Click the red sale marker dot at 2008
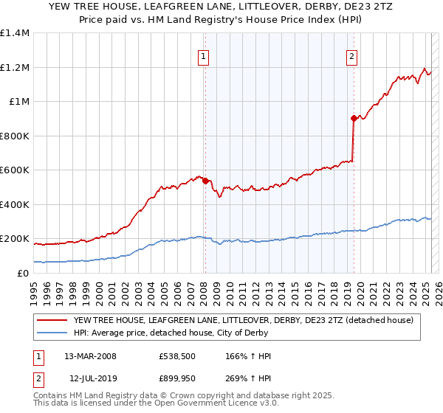205,181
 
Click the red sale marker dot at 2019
354,118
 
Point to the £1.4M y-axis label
15,33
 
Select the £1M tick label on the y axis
19,102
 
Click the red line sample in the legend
52,319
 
